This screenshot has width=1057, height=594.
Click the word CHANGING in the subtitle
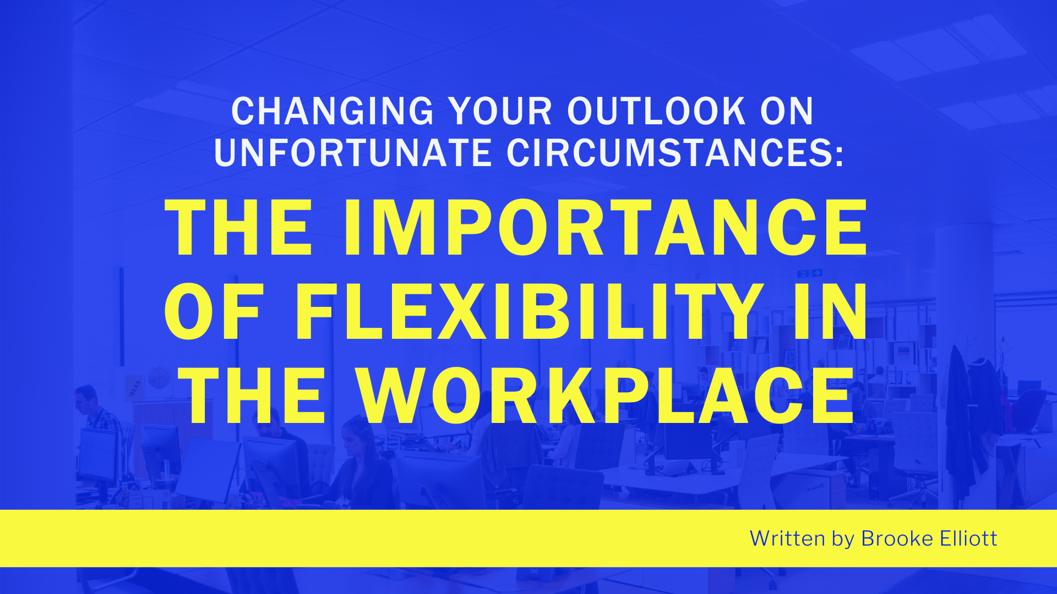tap(333, 111)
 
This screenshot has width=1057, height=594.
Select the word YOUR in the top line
tap(500, 111)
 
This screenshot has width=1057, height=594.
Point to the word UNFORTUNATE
tap(353, 152)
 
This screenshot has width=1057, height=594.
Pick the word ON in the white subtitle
tap(787, 111)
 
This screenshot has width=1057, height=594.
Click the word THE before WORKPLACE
tap(252, 395)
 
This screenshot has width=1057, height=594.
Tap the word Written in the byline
tap(787, 538)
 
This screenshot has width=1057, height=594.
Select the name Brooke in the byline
tap(897, 538)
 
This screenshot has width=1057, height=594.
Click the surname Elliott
tap(968, 538)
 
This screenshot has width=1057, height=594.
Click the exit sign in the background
tap(810, 273)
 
